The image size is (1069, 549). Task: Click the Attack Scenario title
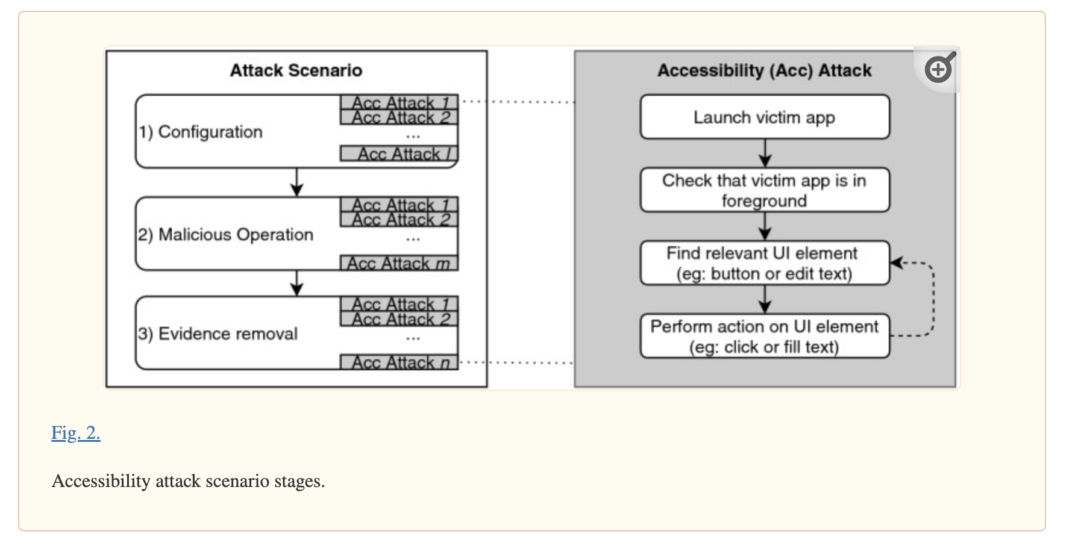(x=296, y=70)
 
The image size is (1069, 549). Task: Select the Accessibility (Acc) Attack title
(x=764, y=70)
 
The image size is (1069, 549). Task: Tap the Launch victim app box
(x=764, y=117)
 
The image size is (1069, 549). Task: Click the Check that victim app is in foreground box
(x=764, y=190)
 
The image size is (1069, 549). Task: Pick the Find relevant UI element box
(x=764, y=263)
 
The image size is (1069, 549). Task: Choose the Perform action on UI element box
(x=764, y=337)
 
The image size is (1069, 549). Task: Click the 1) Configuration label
(x=201, y=132)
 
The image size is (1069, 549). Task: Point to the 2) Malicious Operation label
(x=225, y=234)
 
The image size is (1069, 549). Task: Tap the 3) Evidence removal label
(x=218, y=333)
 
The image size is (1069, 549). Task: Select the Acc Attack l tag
(x=399, y=154)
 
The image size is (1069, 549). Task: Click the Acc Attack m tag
(x=399, y=263)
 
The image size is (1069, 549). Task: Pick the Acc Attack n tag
(x=399, y=362)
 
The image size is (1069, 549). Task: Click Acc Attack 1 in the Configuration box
(x=399, y=102)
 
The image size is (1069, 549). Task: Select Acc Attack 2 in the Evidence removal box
(x=399, y=319)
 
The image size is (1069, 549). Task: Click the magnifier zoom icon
(x=938, y=69)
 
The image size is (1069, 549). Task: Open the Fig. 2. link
(x=75, y=433)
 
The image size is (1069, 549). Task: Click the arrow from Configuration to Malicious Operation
(x=296, y=182)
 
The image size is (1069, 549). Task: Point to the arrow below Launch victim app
(x=765, y=153)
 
